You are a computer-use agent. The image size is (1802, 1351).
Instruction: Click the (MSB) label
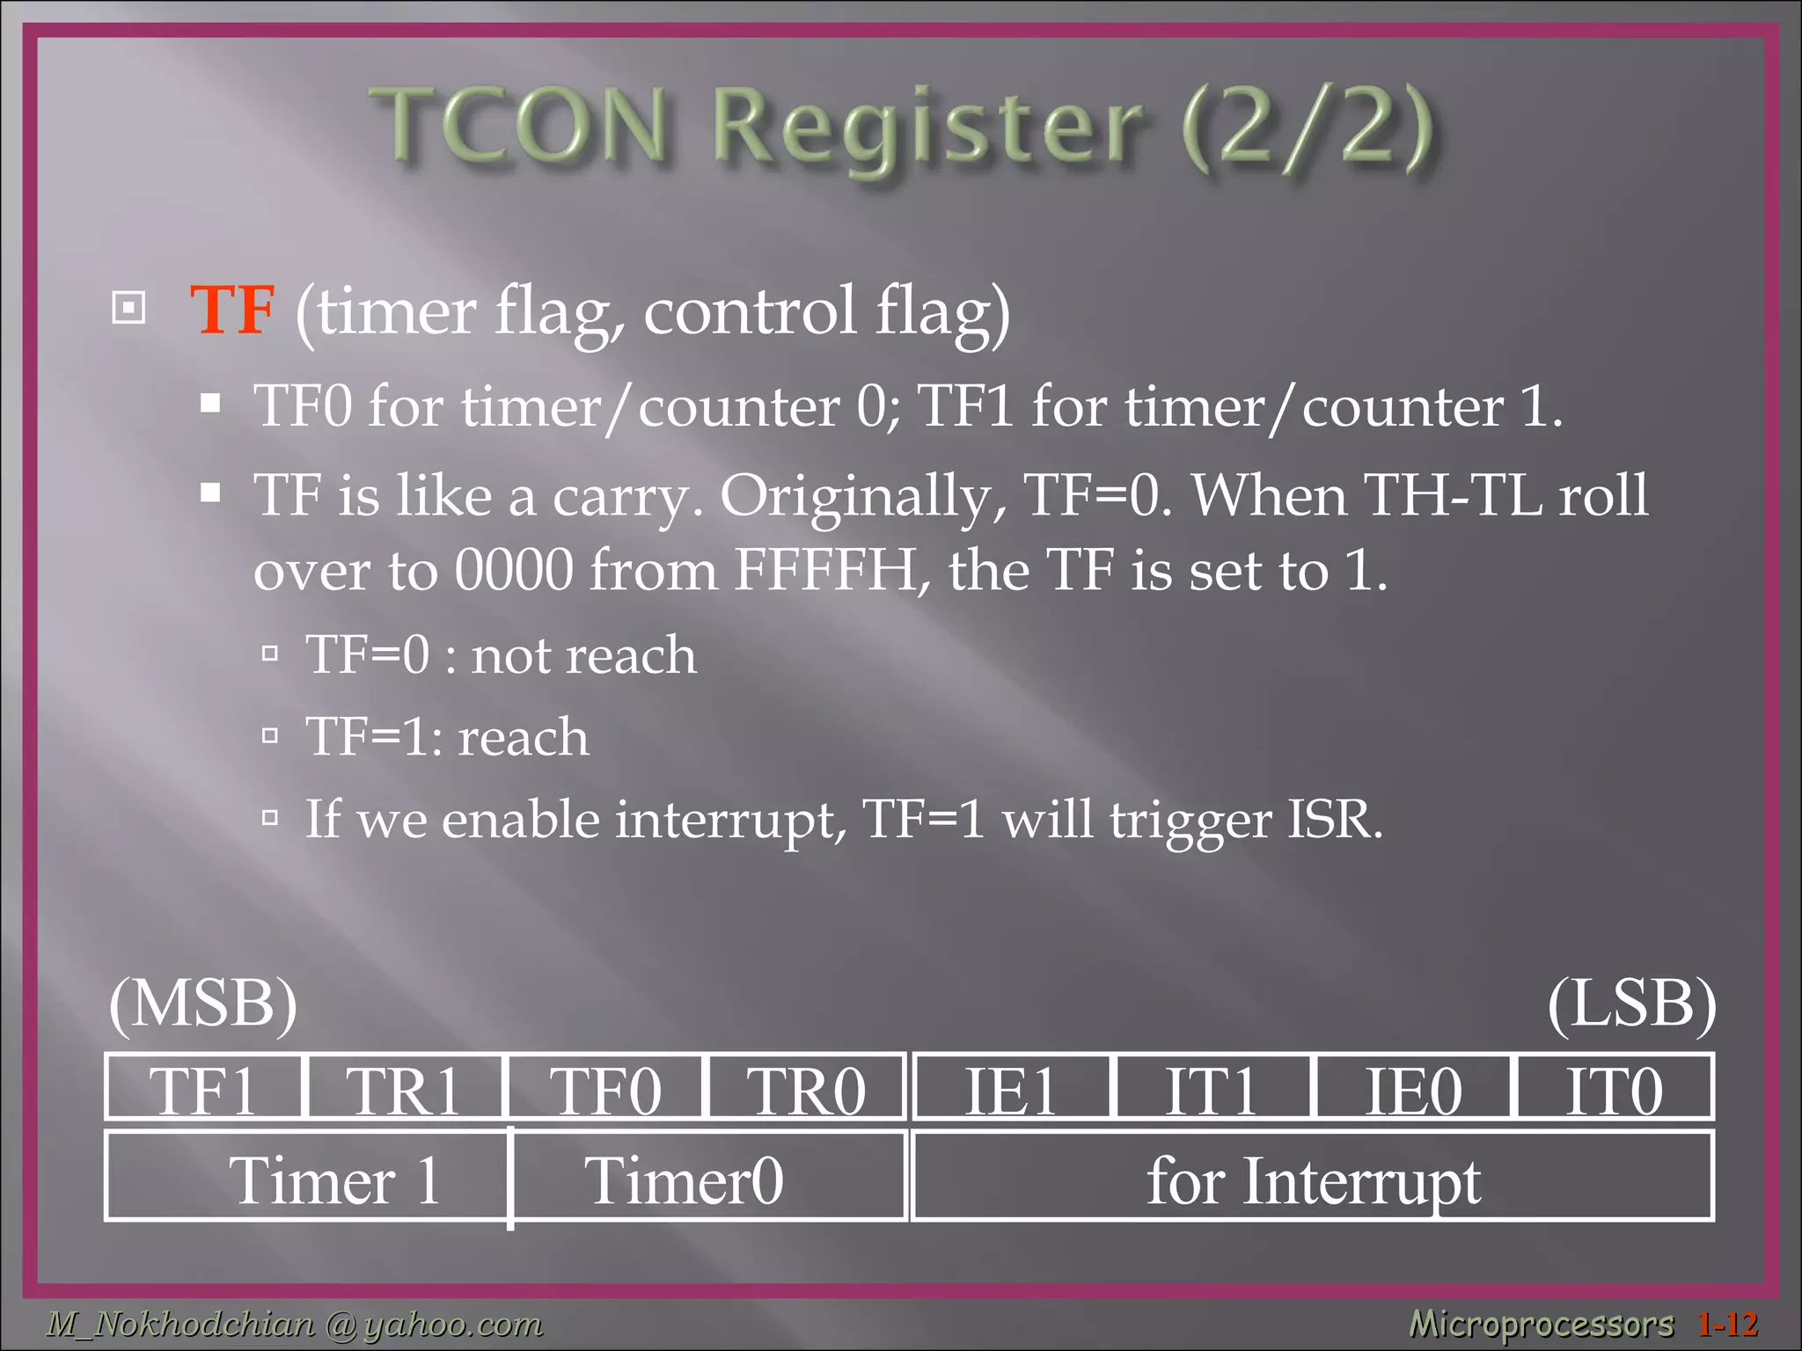click(203, 1004)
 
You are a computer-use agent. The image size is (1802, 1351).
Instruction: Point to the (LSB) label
click(1631, 1004)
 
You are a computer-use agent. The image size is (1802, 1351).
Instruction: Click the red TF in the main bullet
click(232, 310)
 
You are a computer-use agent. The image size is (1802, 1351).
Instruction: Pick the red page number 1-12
click(1727, 1324)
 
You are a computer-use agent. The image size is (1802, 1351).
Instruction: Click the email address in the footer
click(295, 1324)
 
